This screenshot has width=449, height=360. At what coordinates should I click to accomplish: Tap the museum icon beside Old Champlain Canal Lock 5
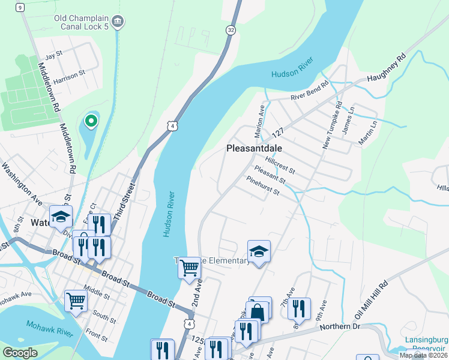[118, 22]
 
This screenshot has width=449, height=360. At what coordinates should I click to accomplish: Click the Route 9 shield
[20, 7]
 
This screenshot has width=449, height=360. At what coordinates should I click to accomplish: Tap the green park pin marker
[91, 121]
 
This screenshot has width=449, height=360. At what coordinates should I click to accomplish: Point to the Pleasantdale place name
[255, 148]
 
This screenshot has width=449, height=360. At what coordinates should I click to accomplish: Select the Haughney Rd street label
[387, 67]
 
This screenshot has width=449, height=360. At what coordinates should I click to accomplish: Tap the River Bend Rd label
[310, 91]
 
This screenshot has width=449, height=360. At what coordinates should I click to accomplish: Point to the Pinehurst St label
[263, 185]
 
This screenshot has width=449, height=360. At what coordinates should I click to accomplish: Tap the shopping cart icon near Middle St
[76, 300]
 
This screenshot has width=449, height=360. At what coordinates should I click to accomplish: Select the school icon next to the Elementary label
[259, 251]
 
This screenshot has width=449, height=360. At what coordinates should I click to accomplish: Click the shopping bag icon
[258, 313]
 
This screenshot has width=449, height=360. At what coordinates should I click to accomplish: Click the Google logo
[20, 352]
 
